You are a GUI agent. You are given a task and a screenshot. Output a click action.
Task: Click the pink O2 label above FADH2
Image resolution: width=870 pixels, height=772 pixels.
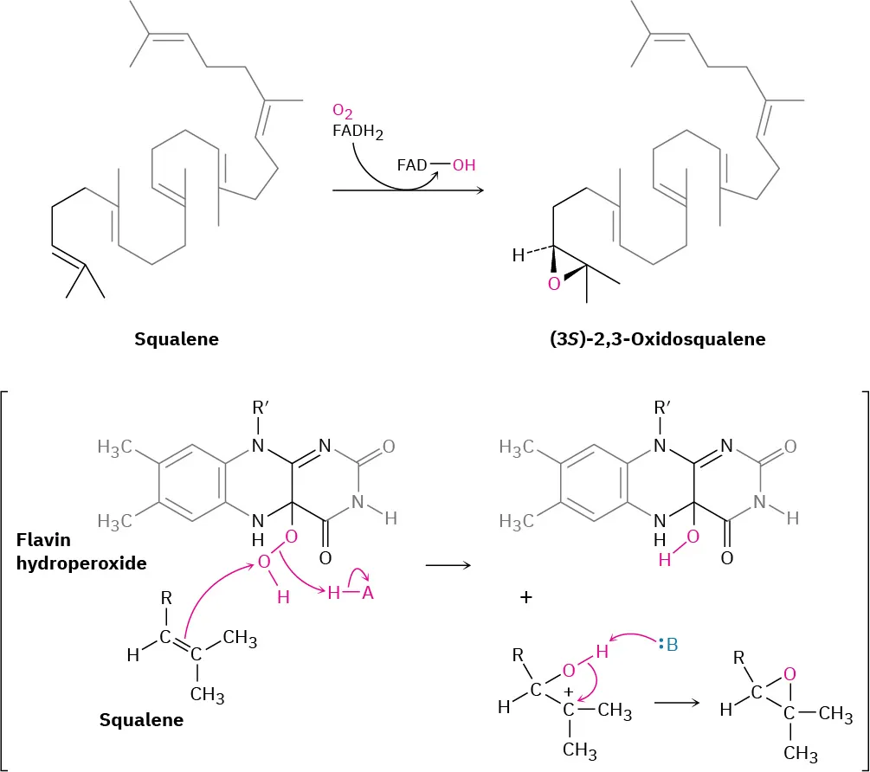point(343,113)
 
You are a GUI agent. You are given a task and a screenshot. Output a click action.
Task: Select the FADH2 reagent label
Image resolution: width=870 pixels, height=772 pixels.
point(358,132)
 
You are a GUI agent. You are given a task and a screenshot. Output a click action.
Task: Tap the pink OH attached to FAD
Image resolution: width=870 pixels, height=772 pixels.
point(464,164)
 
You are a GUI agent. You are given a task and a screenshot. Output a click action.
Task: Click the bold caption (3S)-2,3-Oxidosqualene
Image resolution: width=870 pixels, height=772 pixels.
point(658,339)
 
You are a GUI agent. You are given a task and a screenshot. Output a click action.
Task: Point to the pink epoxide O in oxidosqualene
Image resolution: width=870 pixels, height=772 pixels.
point(554,282)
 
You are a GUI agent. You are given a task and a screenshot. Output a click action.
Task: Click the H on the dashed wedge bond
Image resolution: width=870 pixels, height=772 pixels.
point(518,255)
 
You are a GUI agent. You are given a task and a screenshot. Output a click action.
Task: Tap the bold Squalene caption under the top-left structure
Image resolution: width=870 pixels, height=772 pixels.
point(177,339)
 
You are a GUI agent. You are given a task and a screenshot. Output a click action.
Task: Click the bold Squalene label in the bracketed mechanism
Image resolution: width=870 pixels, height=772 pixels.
point(141,719)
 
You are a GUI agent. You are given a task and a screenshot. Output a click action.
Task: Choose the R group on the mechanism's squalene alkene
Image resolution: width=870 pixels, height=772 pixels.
point(165,597)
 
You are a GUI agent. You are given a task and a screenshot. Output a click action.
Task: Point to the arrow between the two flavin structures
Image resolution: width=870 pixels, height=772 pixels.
point(448,565)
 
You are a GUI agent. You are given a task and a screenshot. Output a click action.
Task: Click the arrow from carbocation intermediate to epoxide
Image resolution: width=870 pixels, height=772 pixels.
point(677,702)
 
